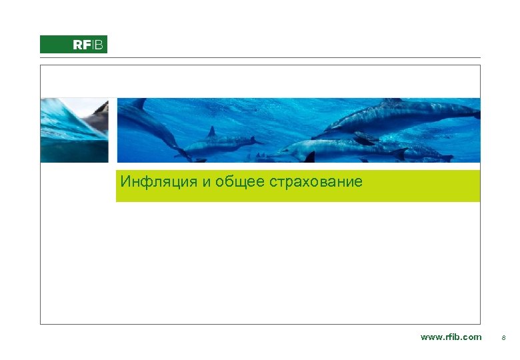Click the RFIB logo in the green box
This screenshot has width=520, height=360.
pos(73,45)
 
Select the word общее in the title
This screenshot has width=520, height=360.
pos(244,181)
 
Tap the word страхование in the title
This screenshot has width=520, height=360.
pos(317,181)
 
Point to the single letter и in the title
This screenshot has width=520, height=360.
pos(207,181)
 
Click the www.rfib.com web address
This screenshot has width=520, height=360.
pos(451,337)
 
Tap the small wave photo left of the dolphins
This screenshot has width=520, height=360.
pos(73,130)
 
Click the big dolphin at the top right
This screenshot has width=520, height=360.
pos(400,117)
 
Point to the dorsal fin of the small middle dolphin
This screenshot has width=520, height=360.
pos(211,131)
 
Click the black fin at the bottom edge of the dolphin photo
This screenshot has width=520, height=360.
pos(309,157)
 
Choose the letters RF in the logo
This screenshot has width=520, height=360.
pos(81,45)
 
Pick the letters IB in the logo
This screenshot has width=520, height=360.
pos(97,45)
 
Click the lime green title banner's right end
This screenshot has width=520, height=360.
pos(470,185)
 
